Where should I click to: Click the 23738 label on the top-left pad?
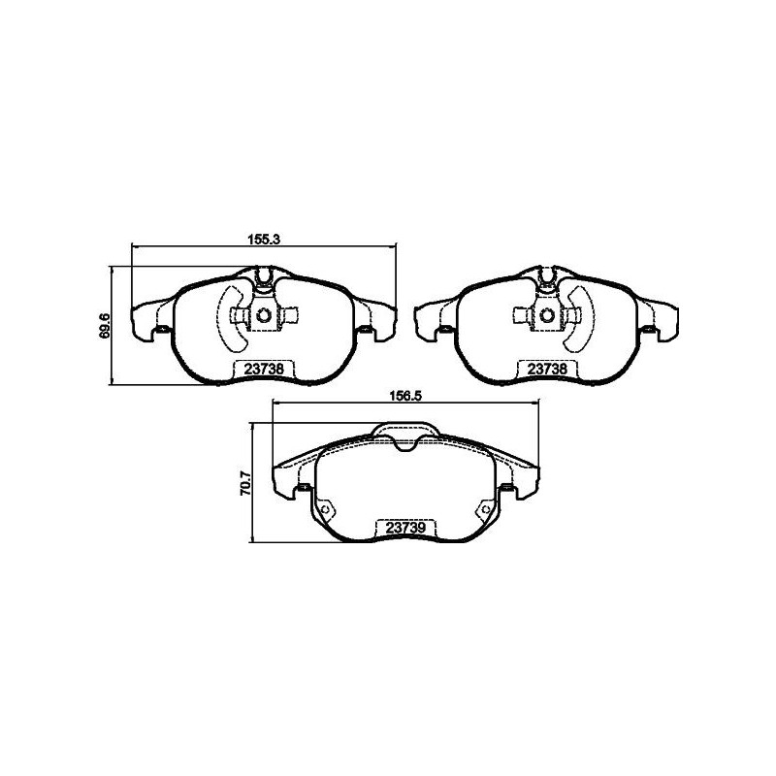coord(264,369)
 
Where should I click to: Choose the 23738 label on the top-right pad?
coord(547,369)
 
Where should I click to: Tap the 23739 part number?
coord(406,528)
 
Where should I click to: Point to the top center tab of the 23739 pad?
coord(405,432)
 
